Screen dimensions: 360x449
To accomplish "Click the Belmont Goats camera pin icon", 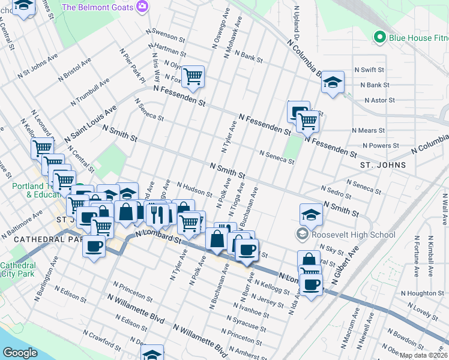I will pos(142,7).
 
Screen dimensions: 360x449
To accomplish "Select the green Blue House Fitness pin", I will pos(379,38).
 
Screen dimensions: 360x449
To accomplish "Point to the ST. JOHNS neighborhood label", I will pos(383,164).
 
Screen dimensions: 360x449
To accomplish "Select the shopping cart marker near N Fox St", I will pos(193,76).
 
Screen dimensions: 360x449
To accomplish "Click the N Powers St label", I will pos(381,146).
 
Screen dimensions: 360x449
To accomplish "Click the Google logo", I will pos(20,353).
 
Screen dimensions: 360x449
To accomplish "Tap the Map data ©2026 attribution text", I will pos(424,355).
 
